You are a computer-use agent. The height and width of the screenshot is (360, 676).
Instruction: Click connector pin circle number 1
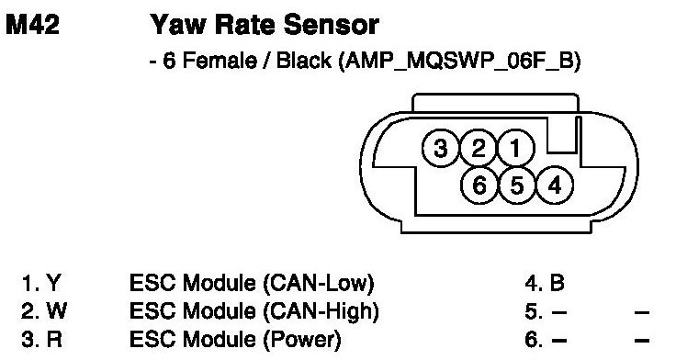pyautogui.click(x=516, y=148)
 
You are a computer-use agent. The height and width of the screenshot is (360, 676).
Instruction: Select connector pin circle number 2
pyautogui.click(x=479, y=148)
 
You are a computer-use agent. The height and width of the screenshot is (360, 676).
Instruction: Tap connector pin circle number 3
pyautogui.click(x=441, y=148)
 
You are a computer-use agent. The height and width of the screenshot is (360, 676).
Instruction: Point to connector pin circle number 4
pyautogui.click(x=555, y=186)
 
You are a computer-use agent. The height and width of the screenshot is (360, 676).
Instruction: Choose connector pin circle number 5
pyautogui.click(x=517, y=186)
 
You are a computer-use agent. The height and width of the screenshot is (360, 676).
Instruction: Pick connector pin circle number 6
pyautogui.click(x=479, y=186)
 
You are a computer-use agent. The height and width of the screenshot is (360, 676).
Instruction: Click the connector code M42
pyautogui.click(x=33, y=25)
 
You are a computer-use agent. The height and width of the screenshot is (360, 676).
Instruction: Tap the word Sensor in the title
pyautogui.click(x=331, y=25)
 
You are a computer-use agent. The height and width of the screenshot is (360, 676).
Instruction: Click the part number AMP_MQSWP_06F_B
pyautogui.click(x=460, y=61)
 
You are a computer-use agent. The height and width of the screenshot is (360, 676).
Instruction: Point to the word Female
pyautogui.click(x=220, y=61)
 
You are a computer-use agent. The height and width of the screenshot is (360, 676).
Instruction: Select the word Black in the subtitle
pyautogui.click(x=303, y=61)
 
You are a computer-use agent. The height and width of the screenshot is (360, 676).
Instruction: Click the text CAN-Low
pyautogui.click(x=318, y=283)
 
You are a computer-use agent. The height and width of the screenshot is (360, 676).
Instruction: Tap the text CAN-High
pyautogui.click(x=321, y=311)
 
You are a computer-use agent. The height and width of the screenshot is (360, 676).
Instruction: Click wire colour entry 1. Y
pyautogui.click(x=41, y=283)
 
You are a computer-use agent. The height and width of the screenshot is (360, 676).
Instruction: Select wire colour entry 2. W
pyautogui.click(x=43, y=311)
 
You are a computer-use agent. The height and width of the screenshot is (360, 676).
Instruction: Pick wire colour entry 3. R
pyautogui.click(x=41, y=340)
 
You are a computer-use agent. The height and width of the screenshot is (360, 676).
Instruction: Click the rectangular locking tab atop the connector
pyautogui.click(x=495, y=103)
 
